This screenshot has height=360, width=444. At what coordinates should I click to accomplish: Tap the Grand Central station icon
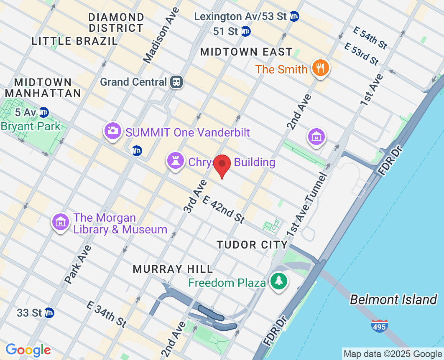coord(176,82)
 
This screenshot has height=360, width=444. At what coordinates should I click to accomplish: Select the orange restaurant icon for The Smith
coord(321,68)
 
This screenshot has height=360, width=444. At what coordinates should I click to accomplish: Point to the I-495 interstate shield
coord(379,325)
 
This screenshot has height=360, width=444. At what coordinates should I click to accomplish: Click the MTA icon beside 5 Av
coord(43,112)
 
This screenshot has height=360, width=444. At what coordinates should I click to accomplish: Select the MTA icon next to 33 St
coord(49,312)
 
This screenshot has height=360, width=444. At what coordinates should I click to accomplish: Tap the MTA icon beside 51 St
coord(246,31)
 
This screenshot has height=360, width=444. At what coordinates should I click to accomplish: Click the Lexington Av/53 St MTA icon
coord(294,16)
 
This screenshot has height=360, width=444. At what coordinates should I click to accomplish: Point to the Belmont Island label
coord(393,299)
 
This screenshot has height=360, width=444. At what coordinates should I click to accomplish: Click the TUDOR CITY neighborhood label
coord(252,245)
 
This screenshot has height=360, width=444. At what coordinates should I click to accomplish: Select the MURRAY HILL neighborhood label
coord(173,269)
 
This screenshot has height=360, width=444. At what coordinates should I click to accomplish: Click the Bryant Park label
coord(31,126)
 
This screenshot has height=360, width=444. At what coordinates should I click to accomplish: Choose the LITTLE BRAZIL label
coord(75,41)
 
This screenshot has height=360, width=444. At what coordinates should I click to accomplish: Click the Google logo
coord(28,350)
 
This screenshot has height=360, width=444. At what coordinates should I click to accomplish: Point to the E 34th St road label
coord(107,314)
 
